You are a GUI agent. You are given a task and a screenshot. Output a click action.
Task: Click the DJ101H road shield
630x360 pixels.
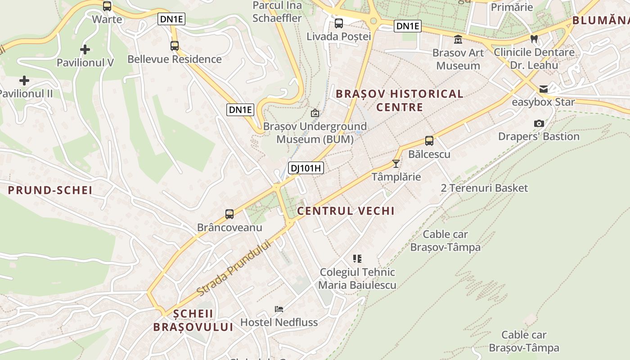pos(306,168)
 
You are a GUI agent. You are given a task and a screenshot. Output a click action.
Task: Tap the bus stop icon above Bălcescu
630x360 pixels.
pos(429,141)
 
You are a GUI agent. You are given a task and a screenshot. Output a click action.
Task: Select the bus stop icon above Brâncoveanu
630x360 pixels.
pos(229,214)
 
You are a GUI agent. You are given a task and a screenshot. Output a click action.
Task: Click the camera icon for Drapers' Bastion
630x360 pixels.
pos(539,123)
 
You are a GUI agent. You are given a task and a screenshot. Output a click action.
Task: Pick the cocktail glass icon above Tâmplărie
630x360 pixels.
pos(396,163)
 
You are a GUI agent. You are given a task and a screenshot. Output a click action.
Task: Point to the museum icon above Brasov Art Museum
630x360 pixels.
pos(458,40)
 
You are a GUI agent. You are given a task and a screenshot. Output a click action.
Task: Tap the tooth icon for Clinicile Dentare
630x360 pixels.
pos(534,39)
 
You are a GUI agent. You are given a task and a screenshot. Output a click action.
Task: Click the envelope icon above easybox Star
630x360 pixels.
pos(544,89)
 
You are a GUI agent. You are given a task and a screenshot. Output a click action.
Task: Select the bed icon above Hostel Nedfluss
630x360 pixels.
pos(279,309)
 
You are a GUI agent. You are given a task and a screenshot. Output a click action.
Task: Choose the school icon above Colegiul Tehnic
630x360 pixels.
pos(357,259)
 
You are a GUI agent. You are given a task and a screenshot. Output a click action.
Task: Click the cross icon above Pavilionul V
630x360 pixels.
pos(85,49)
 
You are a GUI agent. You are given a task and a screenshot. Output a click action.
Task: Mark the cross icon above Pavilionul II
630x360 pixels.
pos(24,81)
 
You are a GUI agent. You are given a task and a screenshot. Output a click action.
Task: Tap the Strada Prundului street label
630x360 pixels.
pos(235,268)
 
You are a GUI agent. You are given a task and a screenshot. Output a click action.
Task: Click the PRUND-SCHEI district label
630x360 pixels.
pos(50,190)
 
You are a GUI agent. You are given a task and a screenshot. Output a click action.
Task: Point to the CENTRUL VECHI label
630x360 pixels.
pos(346,211)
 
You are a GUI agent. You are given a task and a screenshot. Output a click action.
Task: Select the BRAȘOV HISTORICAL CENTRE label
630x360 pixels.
pos(400,100)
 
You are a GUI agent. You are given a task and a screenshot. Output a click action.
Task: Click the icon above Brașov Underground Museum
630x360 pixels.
pos(315,113)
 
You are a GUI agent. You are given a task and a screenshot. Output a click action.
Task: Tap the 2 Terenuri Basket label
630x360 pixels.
pos(484,188)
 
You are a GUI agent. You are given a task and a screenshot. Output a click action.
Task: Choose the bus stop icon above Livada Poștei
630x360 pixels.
pos(339,23)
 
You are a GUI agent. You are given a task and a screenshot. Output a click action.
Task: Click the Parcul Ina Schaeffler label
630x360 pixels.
pos(277,12)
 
